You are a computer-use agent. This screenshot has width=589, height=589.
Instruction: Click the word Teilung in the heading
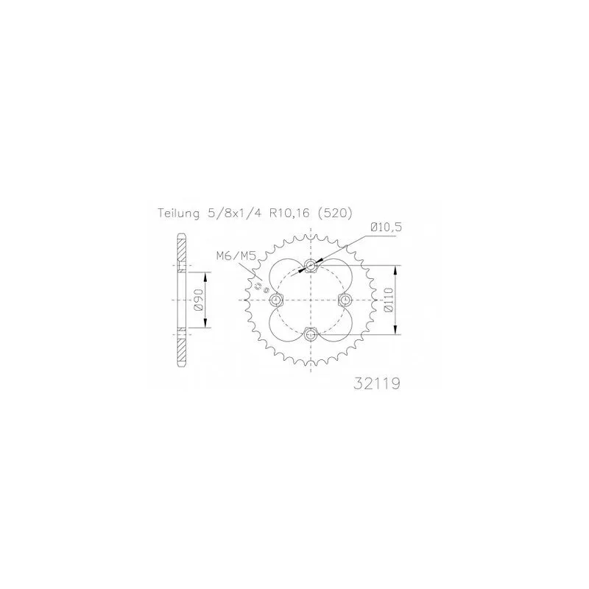pos(179,214)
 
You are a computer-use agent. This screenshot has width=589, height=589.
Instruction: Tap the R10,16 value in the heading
pos(284,214)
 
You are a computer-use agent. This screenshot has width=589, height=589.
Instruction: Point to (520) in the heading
pos(334,214)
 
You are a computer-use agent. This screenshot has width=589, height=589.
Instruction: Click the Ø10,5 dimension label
pos(386,227)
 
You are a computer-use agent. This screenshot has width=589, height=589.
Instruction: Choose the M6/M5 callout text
pos(236,256)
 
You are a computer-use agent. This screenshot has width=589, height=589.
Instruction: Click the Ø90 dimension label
pos(198,300)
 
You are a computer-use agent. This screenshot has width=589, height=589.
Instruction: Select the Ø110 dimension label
pos(389,300)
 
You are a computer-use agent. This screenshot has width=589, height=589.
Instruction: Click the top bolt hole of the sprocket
pos(311,266)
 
